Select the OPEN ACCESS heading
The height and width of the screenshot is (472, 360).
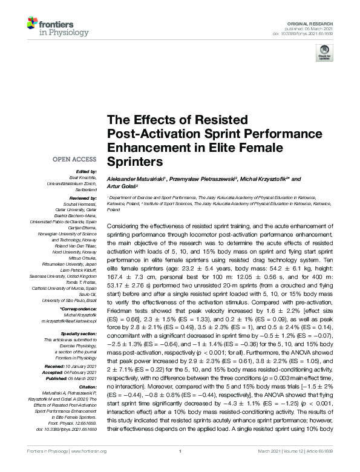pos(75,160)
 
